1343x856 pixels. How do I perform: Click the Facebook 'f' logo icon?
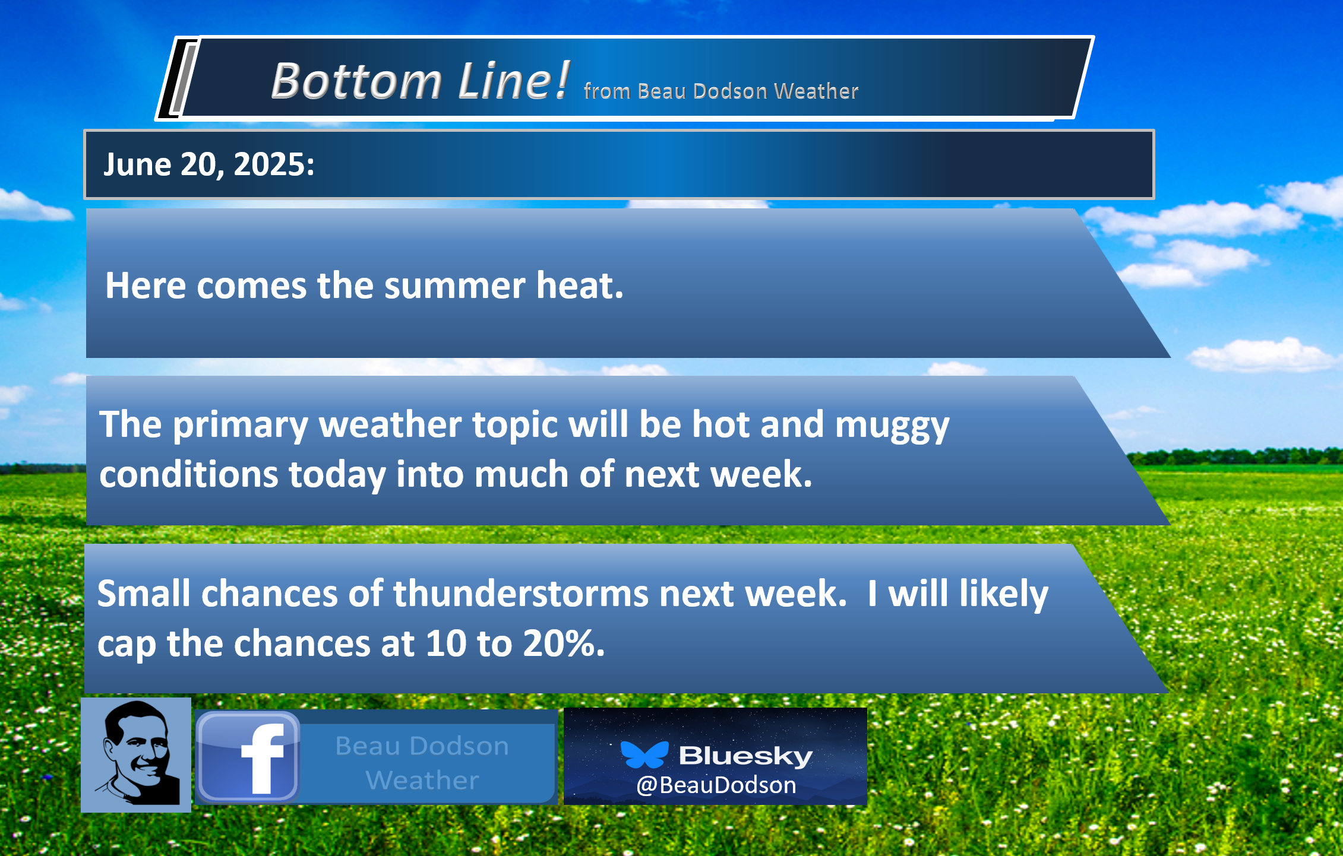click(x=248, y=757)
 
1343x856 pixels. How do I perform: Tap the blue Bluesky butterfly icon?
click(x=644, y=754)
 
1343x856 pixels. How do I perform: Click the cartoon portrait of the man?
click(x=136, y=754)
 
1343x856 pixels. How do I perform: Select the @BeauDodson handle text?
click(x=716, y=785)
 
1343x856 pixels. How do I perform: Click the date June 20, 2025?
click(x=209, y=164)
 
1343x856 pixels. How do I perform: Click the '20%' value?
click(x=564, y=643)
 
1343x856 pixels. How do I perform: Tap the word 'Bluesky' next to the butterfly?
click(x=746, y=756)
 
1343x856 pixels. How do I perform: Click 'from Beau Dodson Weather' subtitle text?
click(x=721, y=91)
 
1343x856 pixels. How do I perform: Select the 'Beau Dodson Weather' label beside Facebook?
click(x=422, y=763)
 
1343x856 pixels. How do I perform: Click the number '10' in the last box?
click(x=446, y=643)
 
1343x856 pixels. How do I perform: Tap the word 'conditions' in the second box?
click(x=189, y=475)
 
